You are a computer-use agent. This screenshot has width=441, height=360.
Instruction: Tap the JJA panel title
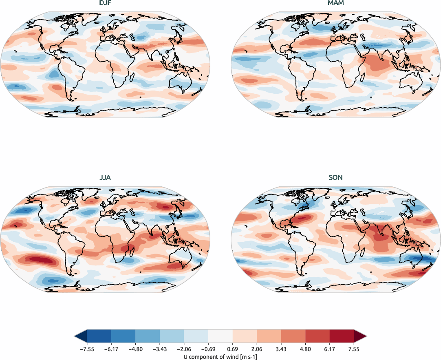click(105, 178)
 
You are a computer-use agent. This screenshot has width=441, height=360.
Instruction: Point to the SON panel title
click(336, 178)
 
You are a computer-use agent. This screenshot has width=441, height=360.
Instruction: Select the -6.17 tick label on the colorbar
click(110, 349)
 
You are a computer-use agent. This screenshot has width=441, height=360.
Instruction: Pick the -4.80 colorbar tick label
click(135, 349)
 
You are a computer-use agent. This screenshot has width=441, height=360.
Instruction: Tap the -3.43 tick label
click(159, 349)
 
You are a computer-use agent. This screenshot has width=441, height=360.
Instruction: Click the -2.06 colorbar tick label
click(184, 349)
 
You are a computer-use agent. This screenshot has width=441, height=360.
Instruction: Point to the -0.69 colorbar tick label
click(208, 349)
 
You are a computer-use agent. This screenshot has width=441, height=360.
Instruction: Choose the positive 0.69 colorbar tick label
click(233, 349)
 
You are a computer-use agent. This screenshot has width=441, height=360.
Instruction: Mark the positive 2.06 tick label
click(257, 349)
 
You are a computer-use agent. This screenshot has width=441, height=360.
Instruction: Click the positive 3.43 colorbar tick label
click(281, 349)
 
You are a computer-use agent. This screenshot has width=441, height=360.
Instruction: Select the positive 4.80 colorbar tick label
click(306, 349)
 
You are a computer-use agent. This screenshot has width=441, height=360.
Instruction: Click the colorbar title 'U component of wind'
click(220, 356)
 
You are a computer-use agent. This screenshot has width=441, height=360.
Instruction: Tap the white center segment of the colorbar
click(220, 336)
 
